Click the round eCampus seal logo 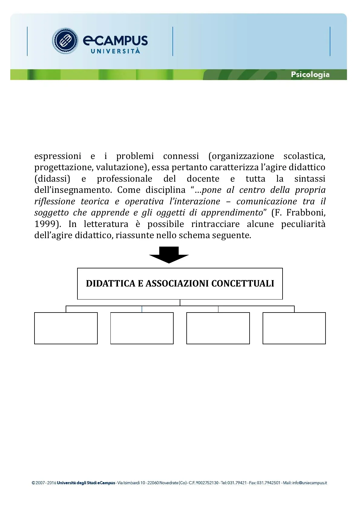tap(65, 41)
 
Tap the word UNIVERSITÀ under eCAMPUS tap(115, 51)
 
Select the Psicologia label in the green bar tap(310, 74)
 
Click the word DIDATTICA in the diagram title tap(110, 284)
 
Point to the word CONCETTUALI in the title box tap(243, 284)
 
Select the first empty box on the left tap(66, 328)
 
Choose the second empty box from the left tap(142, 328)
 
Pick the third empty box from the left tap(218, 328)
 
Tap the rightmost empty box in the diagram tap(294, 328)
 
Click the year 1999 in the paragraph tap(46, 224)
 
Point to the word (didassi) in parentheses tap(52, 179)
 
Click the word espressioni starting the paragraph tap(58, 156)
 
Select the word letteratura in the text tap(106, 224)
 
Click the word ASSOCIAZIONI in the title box tap(178, 284)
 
